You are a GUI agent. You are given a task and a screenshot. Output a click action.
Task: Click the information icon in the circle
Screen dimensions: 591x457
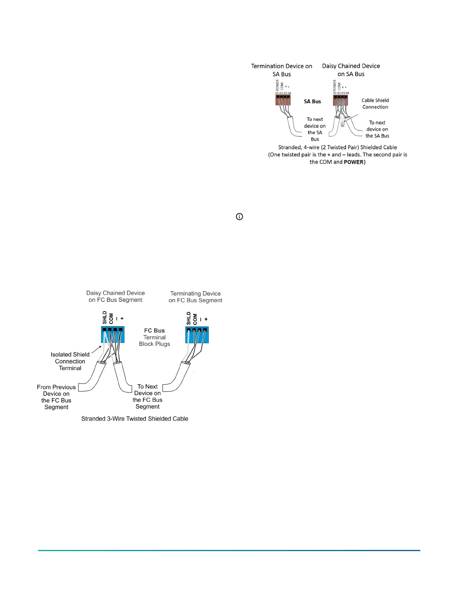(239, 216)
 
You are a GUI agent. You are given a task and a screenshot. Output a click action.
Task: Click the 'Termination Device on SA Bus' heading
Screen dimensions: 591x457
(282, 70)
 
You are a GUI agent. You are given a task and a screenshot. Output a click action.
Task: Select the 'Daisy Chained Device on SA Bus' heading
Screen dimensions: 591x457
(351, 70)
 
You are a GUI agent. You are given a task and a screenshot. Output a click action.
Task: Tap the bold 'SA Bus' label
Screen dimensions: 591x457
(312, 101)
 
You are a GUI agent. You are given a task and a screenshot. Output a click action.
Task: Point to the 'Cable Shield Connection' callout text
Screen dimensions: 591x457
(375, 104)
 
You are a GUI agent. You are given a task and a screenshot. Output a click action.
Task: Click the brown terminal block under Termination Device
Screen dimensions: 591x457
(283, 100)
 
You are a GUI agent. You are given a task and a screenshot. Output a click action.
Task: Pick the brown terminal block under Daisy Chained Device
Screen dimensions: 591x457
(341, 100)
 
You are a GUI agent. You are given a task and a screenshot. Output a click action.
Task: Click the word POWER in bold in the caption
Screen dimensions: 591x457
(354, 162)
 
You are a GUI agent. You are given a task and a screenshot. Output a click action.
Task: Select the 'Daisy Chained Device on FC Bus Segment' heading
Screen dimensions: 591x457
(115, 296)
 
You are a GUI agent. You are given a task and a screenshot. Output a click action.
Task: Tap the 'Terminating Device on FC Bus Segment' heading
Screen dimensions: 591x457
(195, 297)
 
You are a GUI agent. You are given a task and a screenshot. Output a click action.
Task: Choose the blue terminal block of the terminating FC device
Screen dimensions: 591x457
(197, 335)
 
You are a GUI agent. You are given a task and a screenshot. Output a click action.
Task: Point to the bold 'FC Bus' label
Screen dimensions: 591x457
(154, 331)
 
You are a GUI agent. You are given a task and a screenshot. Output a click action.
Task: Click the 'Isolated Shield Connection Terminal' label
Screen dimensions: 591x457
(70, 361)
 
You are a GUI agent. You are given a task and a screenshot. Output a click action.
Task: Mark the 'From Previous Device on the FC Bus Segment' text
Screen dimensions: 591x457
(56, 397)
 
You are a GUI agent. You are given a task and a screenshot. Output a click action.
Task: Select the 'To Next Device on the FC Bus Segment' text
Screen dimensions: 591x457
(147, 397)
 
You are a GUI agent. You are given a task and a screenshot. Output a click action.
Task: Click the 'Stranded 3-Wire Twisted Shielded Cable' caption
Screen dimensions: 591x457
(135, 419)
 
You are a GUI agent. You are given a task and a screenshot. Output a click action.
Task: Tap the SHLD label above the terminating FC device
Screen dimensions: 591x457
(189, 318)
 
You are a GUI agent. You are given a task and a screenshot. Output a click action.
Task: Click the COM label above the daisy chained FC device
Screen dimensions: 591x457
(111, 318)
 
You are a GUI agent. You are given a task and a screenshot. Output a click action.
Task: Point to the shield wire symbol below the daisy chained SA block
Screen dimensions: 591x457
(342, 124)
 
